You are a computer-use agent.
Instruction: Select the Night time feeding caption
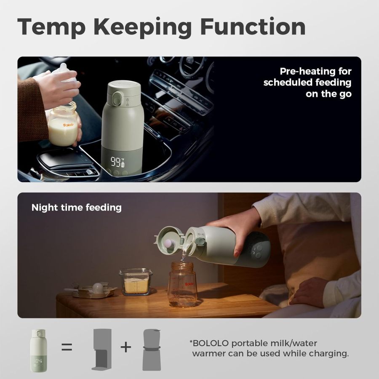[76, 207]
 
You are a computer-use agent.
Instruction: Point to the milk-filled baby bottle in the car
[63, 125]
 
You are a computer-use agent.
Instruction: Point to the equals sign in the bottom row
[67, 347]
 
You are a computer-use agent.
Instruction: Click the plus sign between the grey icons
[125, 347]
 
